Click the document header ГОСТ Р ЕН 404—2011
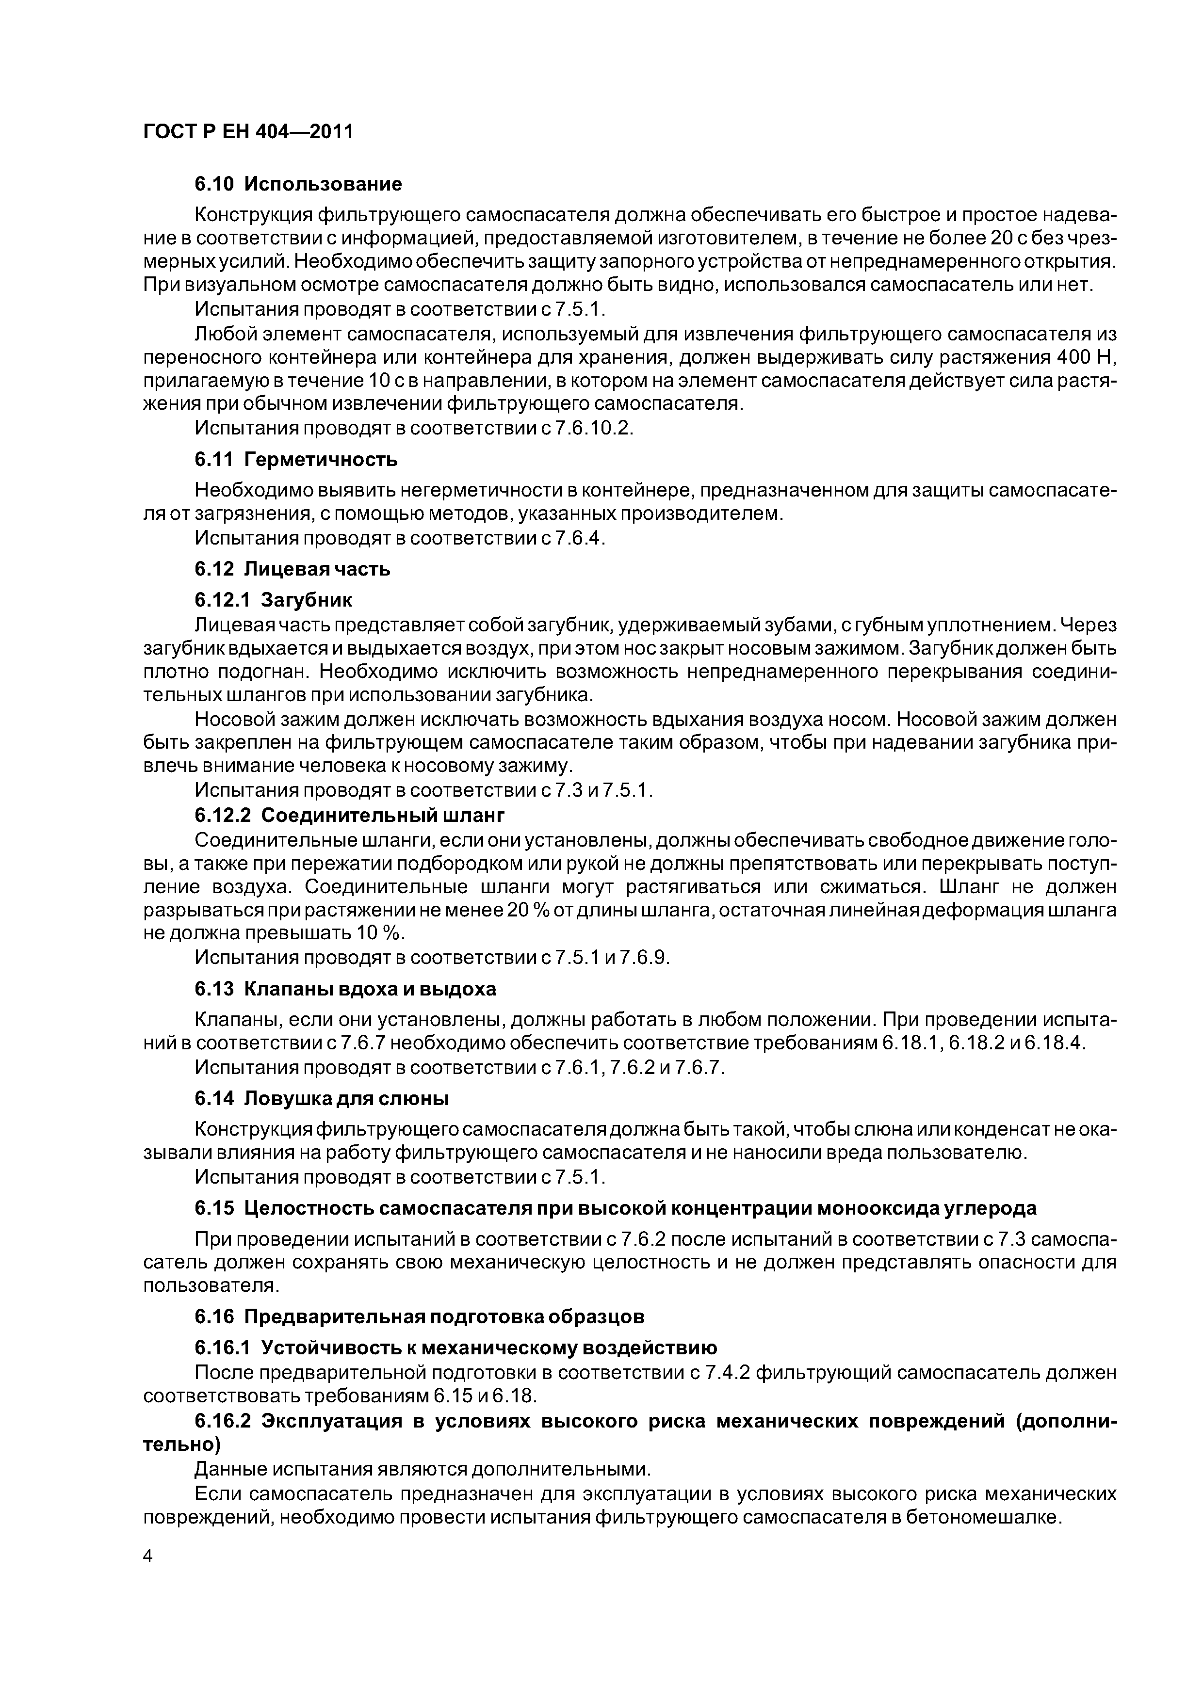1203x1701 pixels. click(247, 131)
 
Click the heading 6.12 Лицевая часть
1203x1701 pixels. click(292, 569)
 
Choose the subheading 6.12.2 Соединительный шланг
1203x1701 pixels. click(349, 815)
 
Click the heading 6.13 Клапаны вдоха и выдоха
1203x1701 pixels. click(345, 989)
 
